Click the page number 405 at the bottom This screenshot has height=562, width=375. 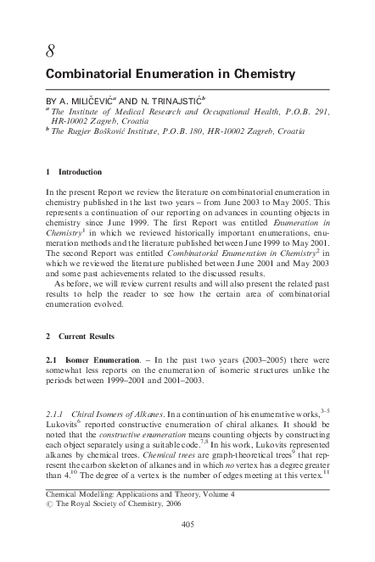point(188,548)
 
